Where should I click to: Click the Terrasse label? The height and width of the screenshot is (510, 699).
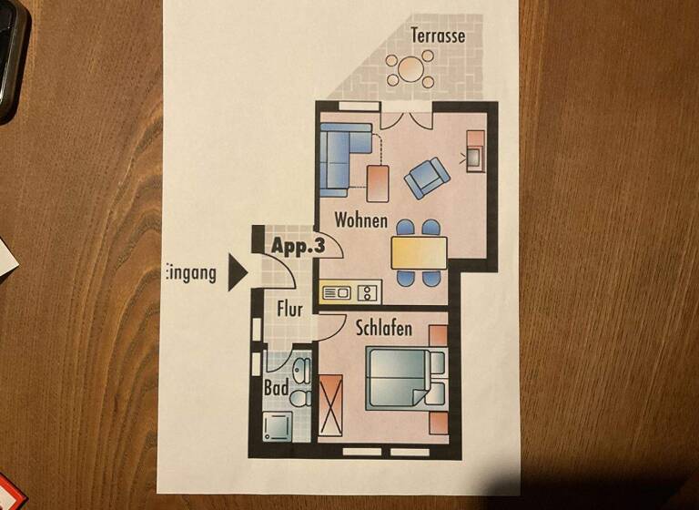(x=438, y=36)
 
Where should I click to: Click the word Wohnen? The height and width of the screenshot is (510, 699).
(x=360, y=220)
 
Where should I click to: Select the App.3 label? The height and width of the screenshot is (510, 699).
(x=298, y=245)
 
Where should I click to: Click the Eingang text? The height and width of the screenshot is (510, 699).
(x=192, y=272)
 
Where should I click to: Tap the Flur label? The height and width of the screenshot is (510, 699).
(x=289, y=309)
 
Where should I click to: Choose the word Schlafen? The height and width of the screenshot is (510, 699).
(x=384, y=328)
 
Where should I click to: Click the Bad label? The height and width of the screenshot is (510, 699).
(x=276, y=388)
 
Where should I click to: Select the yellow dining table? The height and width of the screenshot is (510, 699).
(x=419, y=252)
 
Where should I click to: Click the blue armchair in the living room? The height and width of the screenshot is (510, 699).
(x=426, y=177)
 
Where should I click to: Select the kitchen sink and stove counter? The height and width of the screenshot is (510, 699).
(x=350, y=292)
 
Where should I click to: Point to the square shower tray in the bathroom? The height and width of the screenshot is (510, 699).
(x=276, y=426)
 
